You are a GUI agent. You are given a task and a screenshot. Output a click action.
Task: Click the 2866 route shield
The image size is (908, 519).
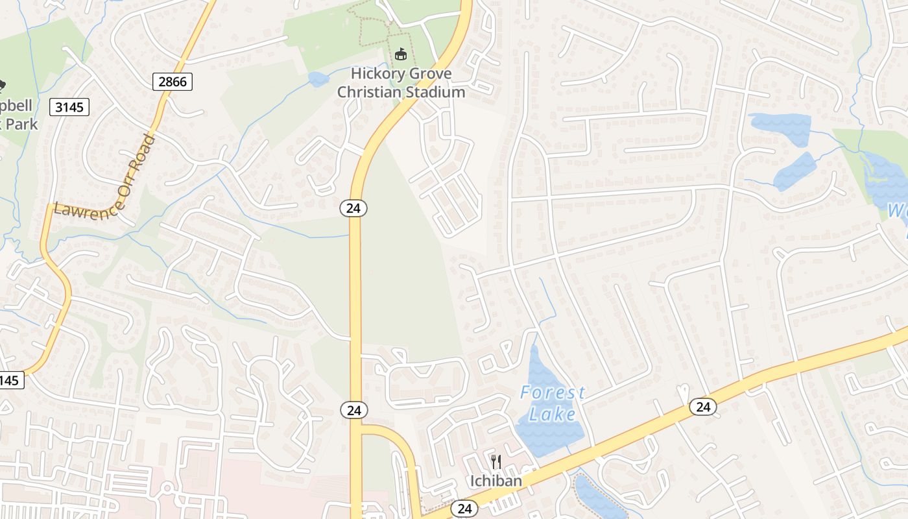tap(173, 82)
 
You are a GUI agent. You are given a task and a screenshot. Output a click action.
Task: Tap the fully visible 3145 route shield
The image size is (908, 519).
tap(69, 107)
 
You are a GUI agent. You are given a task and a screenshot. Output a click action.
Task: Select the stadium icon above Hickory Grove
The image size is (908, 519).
tap(401, 54)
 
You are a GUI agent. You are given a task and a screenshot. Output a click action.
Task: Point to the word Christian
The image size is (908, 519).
tap(369, 91)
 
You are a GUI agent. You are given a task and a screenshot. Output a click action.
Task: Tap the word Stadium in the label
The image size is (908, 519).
tap(435, 91)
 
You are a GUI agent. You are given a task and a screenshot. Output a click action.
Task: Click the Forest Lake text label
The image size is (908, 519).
tap(552, 403)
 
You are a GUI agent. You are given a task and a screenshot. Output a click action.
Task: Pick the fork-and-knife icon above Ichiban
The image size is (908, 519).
tap(496, 462)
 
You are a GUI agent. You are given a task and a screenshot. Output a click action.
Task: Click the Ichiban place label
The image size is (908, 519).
tap(496, 481)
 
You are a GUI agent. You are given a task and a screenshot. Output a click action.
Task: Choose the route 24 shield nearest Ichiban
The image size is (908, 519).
tap(464, 508)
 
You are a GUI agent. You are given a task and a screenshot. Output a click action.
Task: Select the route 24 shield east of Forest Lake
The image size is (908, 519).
tap(702, 407)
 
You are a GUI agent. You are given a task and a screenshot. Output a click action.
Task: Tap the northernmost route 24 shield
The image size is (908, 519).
tap(353, 208)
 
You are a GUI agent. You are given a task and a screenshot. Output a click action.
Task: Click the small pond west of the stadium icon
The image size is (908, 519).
tap(318, 79)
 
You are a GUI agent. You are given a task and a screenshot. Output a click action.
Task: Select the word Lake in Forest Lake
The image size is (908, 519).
tap(552, 413)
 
